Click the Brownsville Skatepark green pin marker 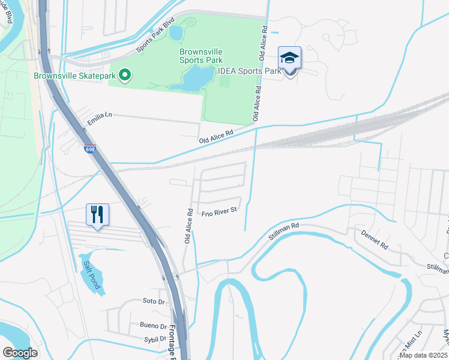(x=125, y=76)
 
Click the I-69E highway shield (x=90, y=148)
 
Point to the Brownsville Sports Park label (x=201, y=56)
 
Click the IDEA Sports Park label (x=250, y=71)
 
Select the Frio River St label (x=220, y=211)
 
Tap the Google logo (x=20, y=352)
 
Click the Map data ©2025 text (x=423, y=355)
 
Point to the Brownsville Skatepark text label (x=75, y=76)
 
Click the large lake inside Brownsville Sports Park (x=193, y=78)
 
